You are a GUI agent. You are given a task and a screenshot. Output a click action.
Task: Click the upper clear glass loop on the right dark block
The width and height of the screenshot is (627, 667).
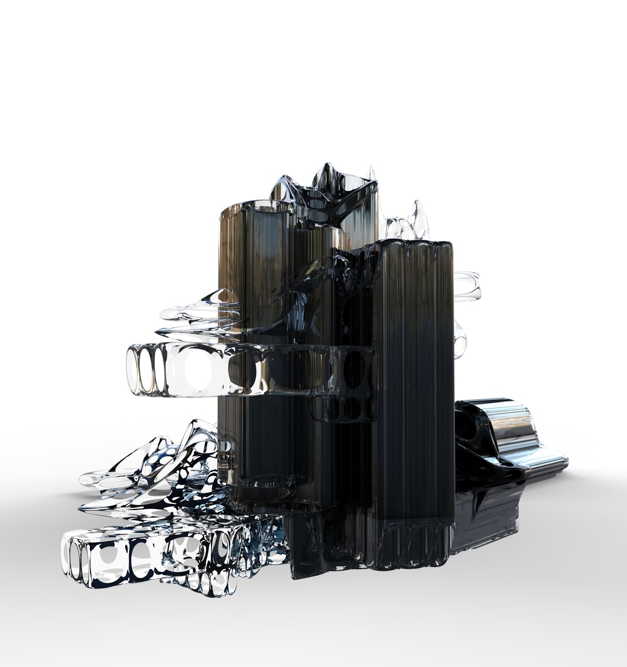467,285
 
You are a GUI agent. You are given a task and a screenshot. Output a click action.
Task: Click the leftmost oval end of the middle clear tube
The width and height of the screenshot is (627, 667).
133,370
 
